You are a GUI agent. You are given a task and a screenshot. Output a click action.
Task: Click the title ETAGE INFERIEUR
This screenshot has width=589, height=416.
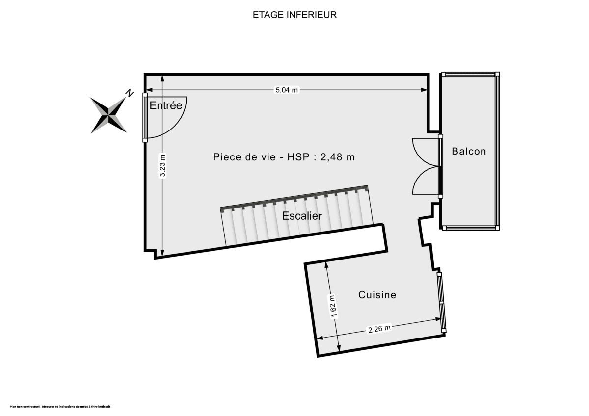[x=294, y=15]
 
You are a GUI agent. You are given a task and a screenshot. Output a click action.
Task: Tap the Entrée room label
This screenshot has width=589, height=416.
[x=165, y=105]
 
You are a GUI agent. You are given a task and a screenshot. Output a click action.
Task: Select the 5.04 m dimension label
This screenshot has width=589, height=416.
[x=286, y=90]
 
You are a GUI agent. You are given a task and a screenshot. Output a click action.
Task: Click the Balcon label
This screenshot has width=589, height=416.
[x=469, y=151]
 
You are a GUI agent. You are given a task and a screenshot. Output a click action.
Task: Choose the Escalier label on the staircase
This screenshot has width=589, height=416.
[x=302, y=216]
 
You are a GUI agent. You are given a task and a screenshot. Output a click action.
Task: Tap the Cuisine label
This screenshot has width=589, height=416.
[x=377, y=295]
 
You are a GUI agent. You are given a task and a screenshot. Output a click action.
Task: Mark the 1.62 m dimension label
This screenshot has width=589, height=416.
[x=333, y=307]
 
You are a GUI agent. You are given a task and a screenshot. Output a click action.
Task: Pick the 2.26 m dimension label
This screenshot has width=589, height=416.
[x=379, y=329]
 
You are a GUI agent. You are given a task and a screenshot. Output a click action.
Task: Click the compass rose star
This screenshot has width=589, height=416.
[x=108, y=115]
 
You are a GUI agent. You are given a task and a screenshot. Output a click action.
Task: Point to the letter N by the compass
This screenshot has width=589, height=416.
[x=130, y=93]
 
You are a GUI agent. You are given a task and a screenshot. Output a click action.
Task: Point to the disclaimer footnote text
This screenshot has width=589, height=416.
[x=60, y=407]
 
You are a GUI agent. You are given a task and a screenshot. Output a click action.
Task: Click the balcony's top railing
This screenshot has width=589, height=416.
[x=470, y=75]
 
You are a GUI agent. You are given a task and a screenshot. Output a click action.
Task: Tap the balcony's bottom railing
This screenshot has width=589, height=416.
[x=470, y=228]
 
